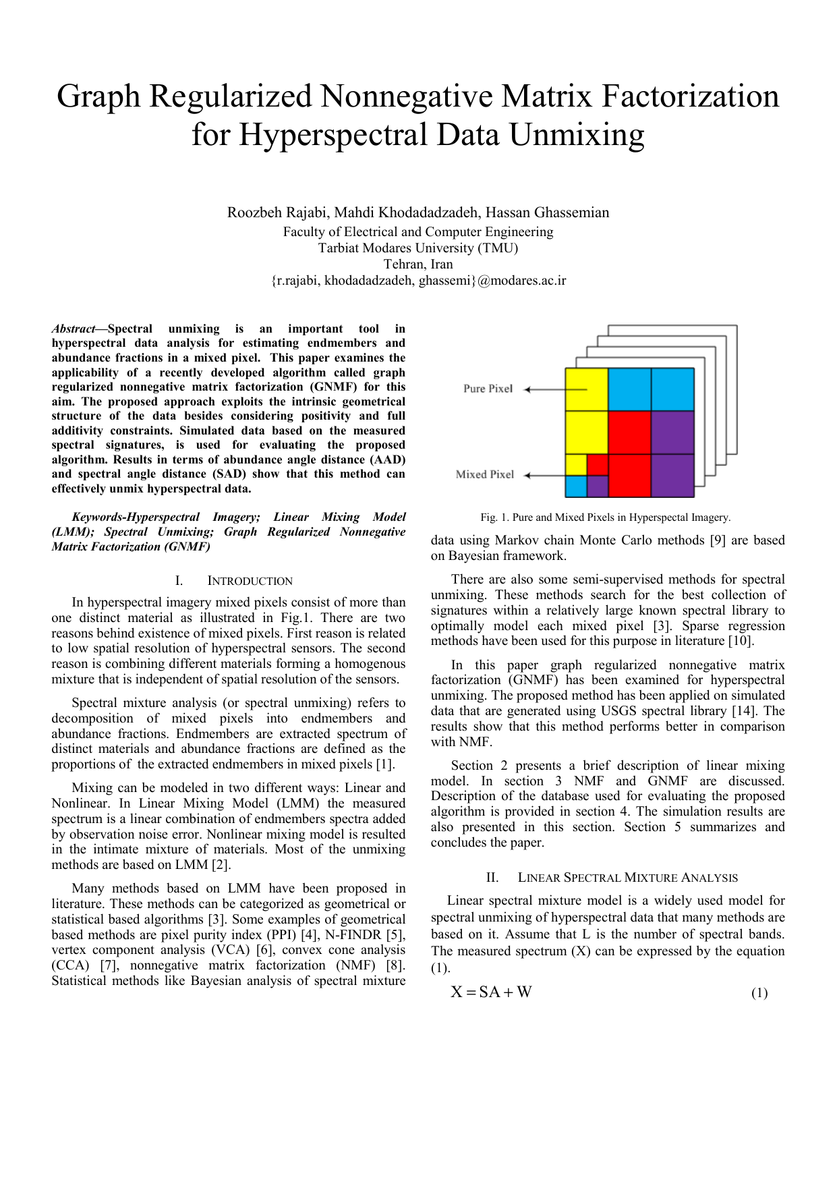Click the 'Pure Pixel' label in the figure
[488, 389]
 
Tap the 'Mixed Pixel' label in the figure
[484, 474]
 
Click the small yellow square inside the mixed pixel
[575, 465]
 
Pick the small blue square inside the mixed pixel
[575, 486]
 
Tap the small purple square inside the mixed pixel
[598, 486]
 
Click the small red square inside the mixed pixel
[598, 465]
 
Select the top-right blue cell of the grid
[672, 389]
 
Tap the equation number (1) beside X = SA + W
[759, 993]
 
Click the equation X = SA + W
[491, 992]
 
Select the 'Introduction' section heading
[250, 581]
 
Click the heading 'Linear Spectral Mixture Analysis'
[627, 878]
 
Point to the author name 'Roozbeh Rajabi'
[277, 213]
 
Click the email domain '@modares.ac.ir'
[521, 281]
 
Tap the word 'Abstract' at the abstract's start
[74, 329]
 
